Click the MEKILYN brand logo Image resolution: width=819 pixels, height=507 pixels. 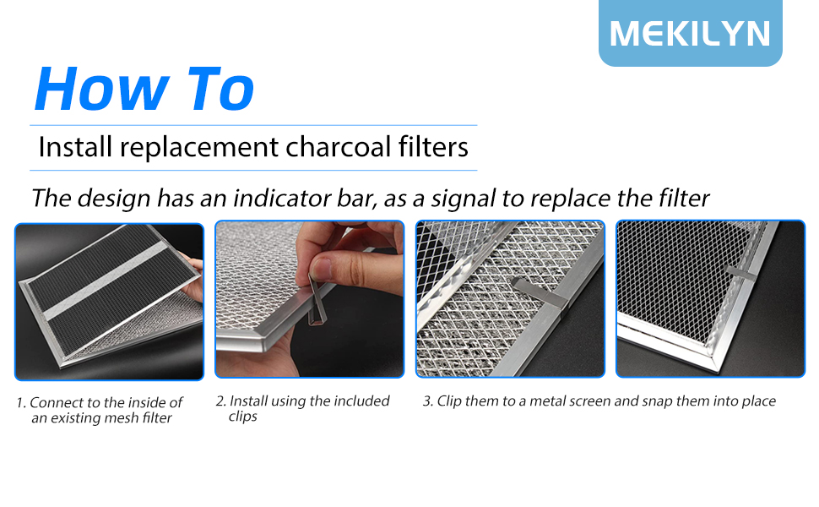click(690, 33)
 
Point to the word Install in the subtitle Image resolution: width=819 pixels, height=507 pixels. click(75, 147)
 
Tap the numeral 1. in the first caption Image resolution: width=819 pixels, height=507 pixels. click(21, 403)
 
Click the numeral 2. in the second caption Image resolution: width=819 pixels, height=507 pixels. click(220, 401)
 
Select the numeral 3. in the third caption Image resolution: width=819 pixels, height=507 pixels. click(428, 401)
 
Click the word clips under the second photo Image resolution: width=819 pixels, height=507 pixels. click(242, 417)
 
